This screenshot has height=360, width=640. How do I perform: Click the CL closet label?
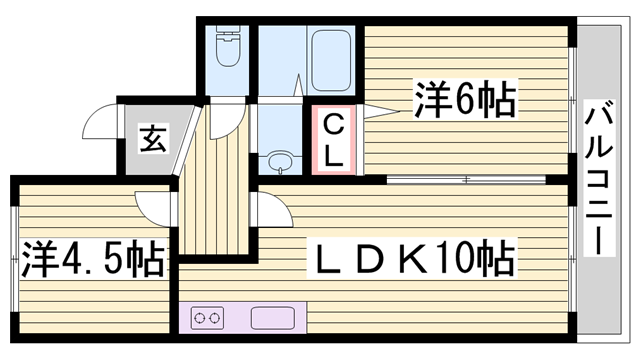coord(335,140)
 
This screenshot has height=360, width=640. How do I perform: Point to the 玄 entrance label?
coord(152,139)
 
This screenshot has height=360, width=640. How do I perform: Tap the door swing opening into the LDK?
coord(272,213)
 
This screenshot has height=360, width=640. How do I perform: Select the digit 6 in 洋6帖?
coord(465,101)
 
